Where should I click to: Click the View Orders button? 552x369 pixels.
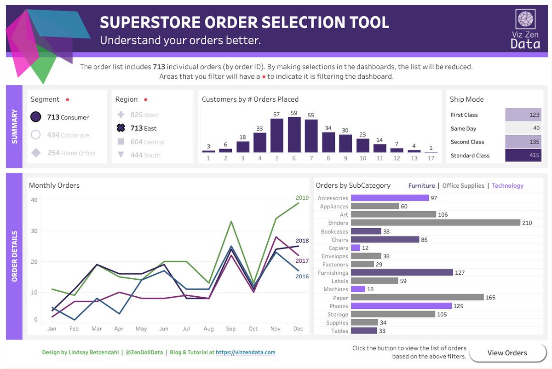point(507,353)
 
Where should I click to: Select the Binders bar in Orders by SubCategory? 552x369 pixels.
point(435,223)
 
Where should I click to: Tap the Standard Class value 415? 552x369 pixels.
point(523,156)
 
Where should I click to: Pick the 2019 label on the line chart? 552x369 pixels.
point(302,198)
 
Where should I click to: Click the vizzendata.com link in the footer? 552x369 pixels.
point(245,352)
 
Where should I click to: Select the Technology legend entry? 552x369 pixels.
point(507,185)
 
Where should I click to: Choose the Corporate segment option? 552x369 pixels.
point(68,135)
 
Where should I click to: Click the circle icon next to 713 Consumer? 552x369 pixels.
point(36,117)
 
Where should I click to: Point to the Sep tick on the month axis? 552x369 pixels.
point(230,329)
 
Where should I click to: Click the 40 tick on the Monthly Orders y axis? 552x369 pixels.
point(34,200)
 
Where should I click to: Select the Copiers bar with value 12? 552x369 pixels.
point(356,248)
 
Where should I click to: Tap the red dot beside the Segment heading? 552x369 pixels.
point(68,99)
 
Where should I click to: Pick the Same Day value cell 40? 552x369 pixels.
point(523,128)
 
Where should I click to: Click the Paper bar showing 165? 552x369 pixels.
point(417,298)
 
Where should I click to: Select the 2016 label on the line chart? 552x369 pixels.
point(302,277)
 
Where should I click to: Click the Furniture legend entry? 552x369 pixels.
point(421,185)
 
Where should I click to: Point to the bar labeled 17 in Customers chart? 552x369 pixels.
point(431,152)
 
